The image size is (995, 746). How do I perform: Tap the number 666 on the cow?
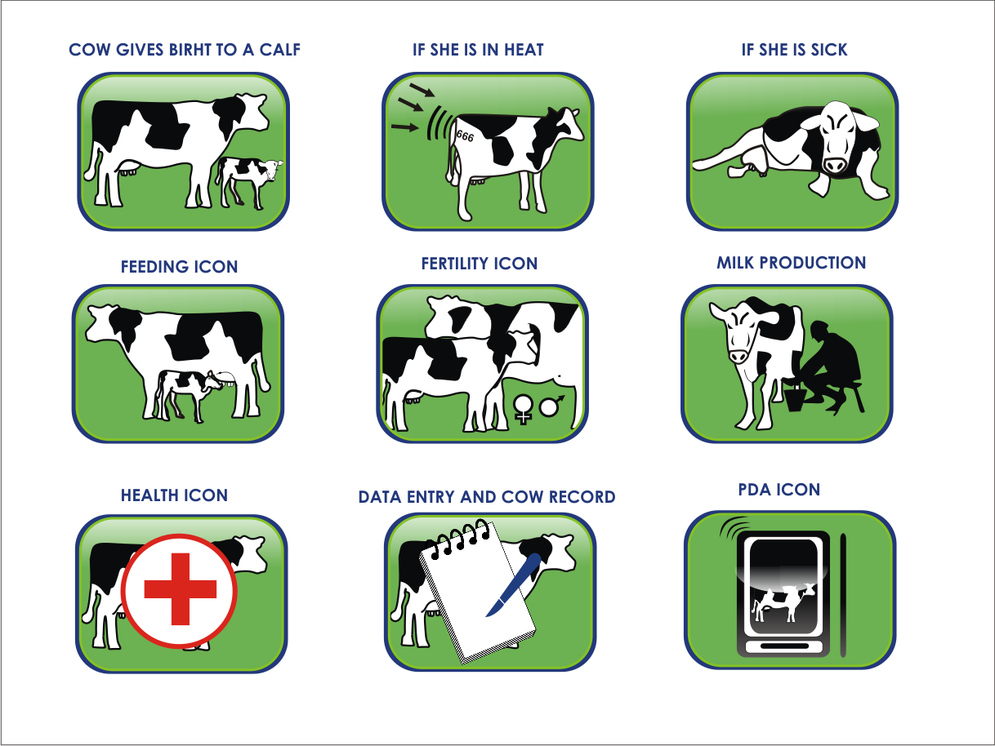tap(465, 135)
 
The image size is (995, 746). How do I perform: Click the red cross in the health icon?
tap(180, 588)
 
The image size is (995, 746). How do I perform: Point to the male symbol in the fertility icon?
tap(551, 406)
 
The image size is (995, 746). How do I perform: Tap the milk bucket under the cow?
tap(794, 397)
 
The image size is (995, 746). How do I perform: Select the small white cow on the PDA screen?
tap(783, 603)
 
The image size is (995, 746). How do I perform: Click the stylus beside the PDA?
tap(843, 595)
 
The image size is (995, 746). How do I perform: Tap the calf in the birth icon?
tap(249, 182)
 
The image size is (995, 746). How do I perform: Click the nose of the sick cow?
tap(835, 165)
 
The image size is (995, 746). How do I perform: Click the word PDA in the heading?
tap(755, 490)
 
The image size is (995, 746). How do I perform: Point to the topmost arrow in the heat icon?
tap(422, 90)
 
